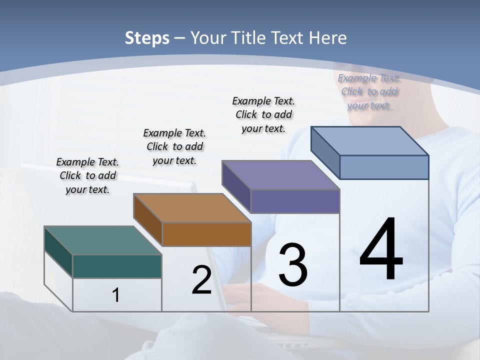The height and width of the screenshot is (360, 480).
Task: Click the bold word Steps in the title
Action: point(147,38)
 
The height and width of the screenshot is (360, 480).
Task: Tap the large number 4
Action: point(381,250)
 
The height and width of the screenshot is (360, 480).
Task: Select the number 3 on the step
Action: point(293,264)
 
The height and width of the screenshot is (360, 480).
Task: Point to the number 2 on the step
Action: point(201,280)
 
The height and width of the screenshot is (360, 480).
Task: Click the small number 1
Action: point(116,295)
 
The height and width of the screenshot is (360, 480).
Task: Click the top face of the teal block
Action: point(102,240)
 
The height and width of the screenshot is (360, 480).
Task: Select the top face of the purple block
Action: point(280,175)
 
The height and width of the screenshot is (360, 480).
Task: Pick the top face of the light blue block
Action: point(369,141)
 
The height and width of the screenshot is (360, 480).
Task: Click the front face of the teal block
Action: point(117,266)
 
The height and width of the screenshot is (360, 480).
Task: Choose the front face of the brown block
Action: point(206,234)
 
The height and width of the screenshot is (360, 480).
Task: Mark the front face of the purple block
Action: point(295,201)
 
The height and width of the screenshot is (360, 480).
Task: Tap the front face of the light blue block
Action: point(384,167)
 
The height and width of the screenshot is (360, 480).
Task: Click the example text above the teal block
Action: point(87,176)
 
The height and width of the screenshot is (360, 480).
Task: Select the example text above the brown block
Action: point(174,146)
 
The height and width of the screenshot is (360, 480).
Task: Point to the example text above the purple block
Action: point(263,114)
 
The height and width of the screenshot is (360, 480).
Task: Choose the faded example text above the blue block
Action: point(369,91)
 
